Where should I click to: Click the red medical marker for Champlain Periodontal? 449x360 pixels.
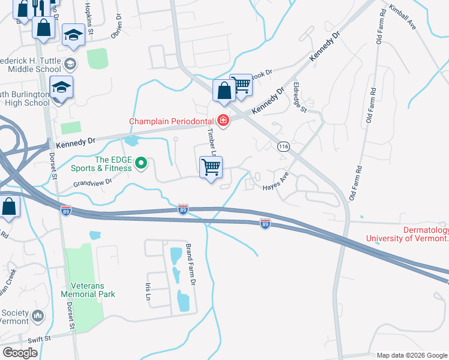pyautogui.click(x=224, y=121)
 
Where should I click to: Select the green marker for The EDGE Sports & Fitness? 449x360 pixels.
pyautogui.click(x=142, y=163)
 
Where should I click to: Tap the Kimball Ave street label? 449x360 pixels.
pyautogui.click(x=402, y=17)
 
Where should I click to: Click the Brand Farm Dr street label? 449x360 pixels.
pyautogui.click(x=191, y=265)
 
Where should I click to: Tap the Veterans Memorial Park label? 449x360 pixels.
pyautogui.click(x=88, y=290)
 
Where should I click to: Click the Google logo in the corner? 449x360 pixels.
pyautogui.click(x=20, y=352)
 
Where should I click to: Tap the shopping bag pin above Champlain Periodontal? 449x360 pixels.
pyautogui.click(x=224, y=91)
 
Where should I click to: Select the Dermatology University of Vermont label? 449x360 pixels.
pyautogui.click(x=408, y=234)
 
